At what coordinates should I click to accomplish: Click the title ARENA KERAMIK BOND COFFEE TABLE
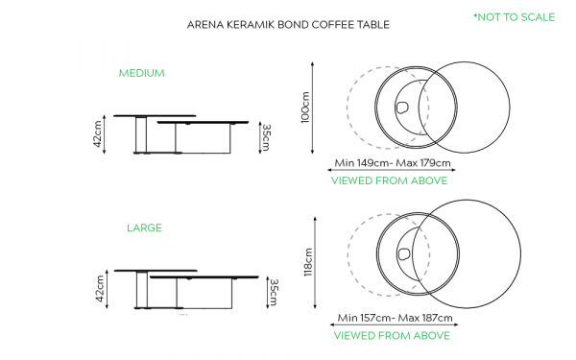click(288, 25)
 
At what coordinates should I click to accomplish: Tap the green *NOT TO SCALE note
click(514, 17)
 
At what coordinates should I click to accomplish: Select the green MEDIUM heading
click(141, 73)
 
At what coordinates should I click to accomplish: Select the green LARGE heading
click(144, 228)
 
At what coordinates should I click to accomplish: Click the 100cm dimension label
click(305, 108)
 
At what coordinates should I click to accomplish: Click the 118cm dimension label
click(308, 262)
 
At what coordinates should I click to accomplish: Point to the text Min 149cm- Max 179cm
click(393, 163)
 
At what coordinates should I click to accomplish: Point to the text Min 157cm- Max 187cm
click(395, 318)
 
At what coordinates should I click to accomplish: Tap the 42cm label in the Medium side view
click(97, 134)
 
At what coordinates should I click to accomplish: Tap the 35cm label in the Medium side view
click(266, 137)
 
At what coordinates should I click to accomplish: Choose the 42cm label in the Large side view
click(100, 289)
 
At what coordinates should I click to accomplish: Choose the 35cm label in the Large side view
click(274, 293)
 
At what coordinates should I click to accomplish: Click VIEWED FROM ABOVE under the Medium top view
click(390, 180)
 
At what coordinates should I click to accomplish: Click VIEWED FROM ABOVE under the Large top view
click(392, 336)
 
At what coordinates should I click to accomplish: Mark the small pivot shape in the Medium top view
click(402, 108)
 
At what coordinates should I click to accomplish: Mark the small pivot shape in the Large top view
click(404, 253)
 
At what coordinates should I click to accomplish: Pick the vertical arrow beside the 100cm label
click(313, 108)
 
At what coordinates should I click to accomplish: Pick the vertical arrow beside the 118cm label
click(315, 263)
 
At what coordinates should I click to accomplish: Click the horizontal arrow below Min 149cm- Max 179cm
click(392, 170)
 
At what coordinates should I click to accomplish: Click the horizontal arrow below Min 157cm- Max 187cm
click(395, 324)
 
